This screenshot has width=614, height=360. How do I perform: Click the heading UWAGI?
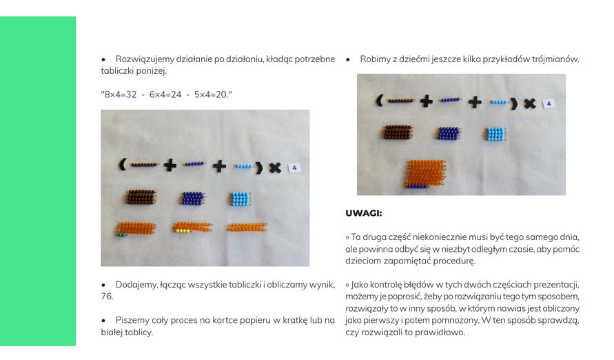pos(363,214)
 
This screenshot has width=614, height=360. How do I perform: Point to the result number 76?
pos(107,297)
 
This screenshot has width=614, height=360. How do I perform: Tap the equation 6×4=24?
pos(165,94)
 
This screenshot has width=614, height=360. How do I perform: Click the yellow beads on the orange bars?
pos(182,231)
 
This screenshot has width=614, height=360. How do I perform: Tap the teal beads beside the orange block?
pos(123,234)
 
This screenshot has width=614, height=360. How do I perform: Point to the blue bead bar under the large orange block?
pos(417,186)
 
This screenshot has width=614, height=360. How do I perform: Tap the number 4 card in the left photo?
pos(294,168)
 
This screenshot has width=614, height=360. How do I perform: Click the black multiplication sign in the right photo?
pos(530,103)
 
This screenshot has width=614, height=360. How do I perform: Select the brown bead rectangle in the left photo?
pos(141,197)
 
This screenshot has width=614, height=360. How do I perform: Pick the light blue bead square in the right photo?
pos(495,134)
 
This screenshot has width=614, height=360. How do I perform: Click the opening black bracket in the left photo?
pos(123,165)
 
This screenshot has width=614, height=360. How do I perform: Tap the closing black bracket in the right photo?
pos(514,103)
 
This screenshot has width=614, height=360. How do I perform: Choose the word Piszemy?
pos(131,321)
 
